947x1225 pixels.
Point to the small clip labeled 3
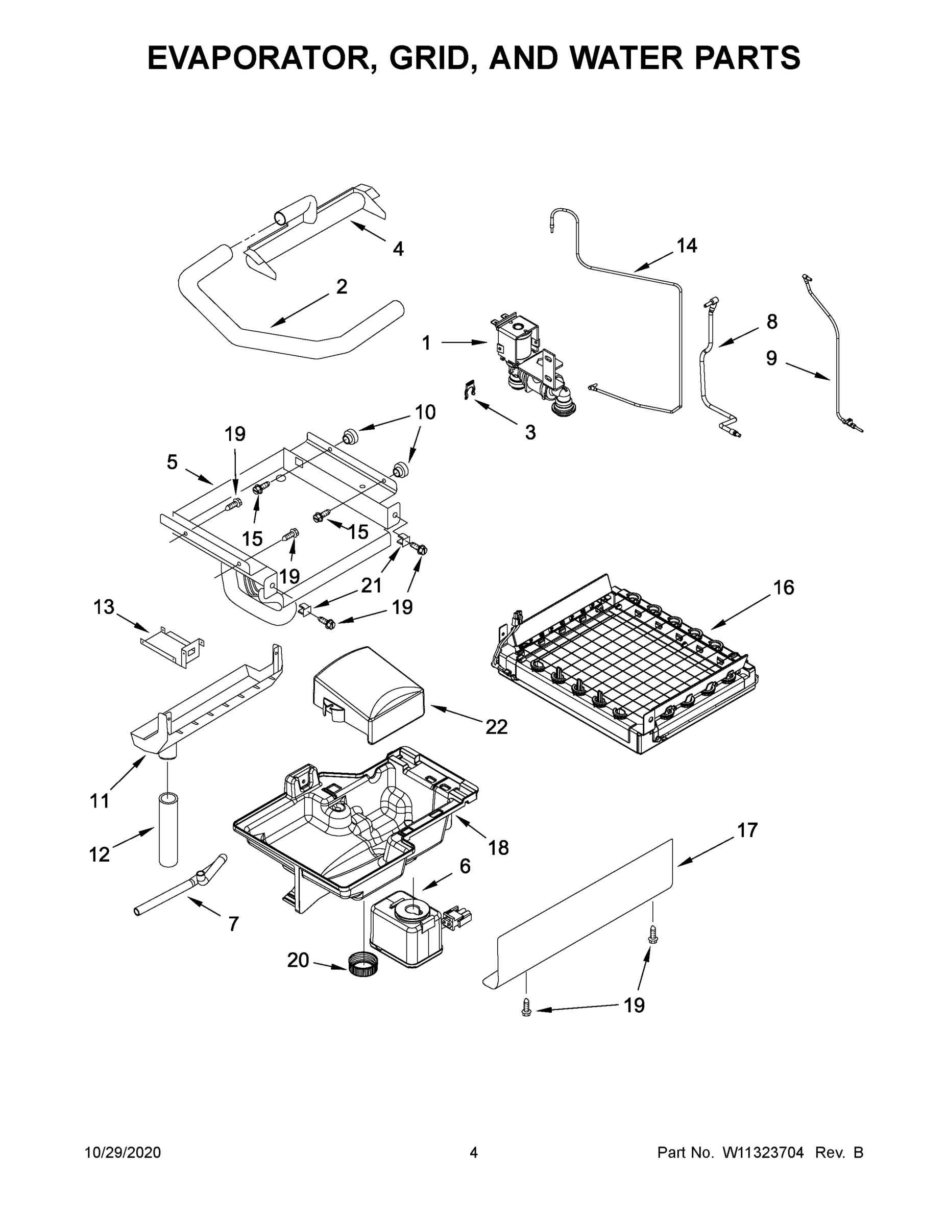(470, 390)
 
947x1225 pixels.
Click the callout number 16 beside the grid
(784, 587)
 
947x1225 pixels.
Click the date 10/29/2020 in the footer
(123, 1152)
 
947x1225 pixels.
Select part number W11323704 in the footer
(763, 1152)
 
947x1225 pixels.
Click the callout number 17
(747, 829)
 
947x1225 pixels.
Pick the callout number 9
(771, 358)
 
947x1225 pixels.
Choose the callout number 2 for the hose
(341, 287)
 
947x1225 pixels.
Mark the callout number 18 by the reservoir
(498, 847)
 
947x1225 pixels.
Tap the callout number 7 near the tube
(233, 924)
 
